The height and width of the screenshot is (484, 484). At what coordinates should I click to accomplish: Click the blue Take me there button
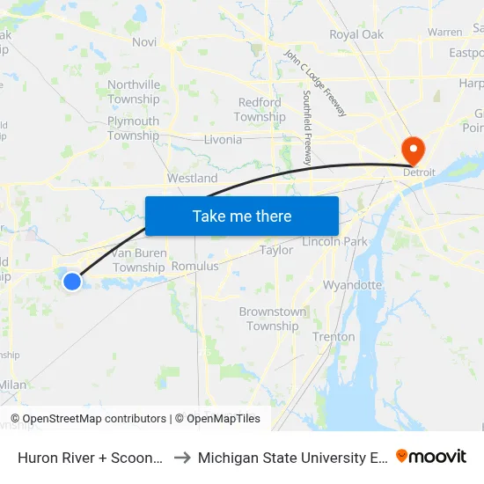(x=242, y=216)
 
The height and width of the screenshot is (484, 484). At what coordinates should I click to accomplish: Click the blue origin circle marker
(x=72, y=281)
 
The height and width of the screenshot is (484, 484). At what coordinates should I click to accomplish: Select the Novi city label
(x=144, y=41)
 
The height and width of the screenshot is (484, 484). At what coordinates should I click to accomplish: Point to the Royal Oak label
(x=356, y=35)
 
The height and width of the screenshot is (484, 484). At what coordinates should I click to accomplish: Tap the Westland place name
(x=192, y=178)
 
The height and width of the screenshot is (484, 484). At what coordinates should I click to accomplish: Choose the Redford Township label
(x=260, y=109)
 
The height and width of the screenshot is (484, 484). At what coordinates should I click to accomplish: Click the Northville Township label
(x=134, y=92)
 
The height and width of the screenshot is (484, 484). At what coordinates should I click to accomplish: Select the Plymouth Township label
(x=133, y=128)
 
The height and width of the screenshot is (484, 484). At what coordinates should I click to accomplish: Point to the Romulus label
(x=194, y=266)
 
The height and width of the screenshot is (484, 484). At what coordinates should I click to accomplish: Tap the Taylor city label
(x=276, y=251)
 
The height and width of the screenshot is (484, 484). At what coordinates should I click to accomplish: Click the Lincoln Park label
(x=334, y=241)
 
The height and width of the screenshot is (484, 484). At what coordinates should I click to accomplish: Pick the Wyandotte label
(x=352, y=285)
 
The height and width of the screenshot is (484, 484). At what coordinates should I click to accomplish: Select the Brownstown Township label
(x=273, y=319)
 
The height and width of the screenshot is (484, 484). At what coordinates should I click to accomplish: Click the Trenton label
(x=334, y=336)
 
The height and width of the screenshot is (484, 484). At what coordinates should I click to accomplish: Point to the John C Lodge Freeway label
(x=314, y=83)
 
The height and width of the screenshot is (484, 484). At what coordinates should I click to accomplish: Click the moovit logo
(x=431, y=456)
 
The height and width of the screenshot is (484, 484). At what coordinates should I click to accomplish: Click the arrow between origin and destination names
(x=180, y=458)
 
